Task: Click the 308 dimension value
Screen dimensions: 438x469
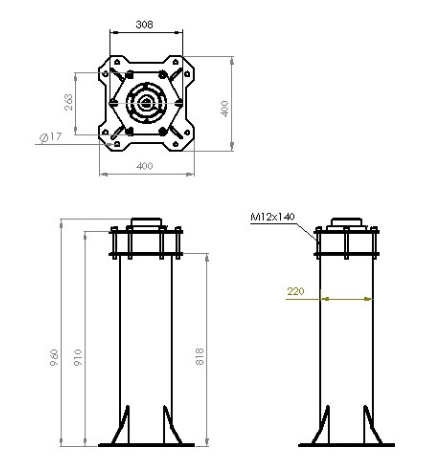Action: coord(144,25)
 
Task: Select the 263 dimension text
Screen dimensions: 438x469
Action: coord(68,102)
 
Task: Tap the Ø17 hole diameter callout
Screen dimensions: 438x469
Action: coord(51,137)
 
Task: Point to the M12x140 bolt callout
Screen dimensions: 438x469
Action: coord(272,217)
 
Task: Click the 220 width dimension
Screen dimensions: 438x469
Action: coord(295,292)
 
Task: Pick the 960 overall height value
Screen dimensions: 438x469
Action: coord(54,357)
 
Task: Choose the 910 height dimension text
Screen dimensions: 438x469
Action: coord(78,357)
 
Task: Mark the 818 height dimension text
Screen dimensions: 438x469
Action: coord(200,357)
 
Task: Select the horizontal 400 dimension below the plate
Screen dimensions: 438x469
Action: coord(145,166)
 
